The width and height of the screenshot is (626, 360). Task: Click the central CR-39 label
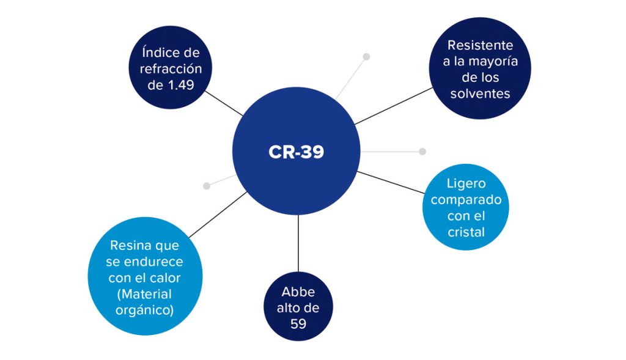click(296, 152)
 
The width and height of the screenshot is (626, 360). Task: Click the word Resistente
click(480, 45)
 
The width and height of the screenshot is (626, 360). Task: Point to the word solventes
click(480, 94)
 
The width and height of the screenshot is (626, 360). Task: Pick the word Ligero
click(465, 183)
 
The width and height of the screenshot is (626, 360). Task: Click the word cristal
click(465, 232)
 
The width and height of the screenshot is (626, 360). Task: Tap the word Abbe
click(298, 292)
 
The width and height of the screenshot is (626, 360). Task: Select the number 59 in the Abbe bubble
click(298, 323)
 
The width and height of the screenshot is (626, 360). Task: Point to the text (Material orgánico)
click(144, 302)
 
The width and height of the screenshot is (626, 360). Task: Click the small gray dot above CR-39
click(366, 57)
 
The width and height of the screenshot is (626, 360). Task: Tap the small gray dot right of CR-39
click(422, 151)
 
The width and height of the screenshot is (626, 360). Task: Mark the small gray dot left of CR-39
click(207, 185)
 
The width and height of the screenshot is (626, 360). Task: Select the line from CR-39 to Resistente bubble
click(394, 106)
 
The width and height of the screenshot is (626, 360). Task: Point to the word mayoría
click(495, 61)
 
